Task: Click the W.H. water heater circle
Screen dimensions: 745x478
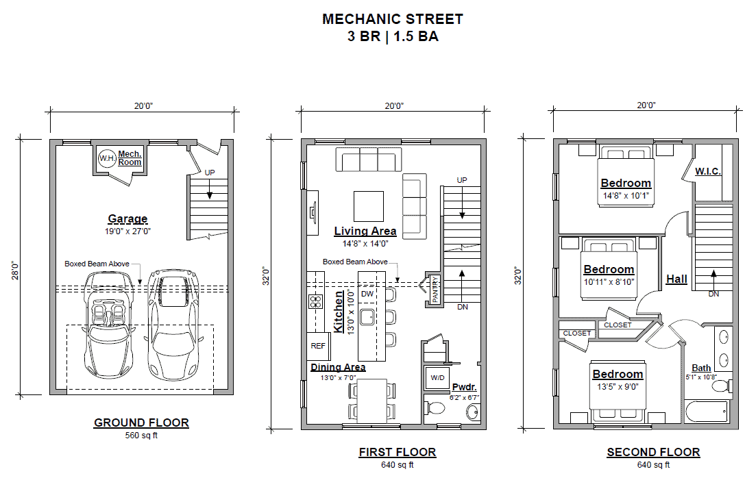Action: [x=107, y=158]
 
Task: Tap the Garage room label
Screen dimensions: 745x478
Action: [x=127, y=219]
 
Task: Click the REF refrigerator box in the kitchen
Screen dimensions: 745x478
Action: [x=318, y=346]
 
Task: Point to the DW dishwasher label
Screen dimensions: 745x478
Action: [x=367, y=294]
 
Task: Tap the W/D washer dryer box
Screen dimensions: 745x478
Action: [x=437, y=378]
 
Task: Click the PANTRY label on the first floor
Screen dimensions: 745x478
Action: [x=435, y=289]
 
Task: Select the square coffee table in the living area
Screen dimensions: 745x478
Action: [x=368, y=207]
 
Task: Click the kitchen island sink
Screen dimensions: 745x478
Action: [x=367, y=316]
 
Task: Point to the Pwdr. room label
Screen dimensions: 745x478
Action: [x=464, y=387]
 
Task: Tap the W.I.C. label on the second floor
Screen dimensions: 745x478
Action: [x=708, y=171]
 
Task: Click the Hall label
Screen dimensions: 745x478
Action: [x=676, y=279]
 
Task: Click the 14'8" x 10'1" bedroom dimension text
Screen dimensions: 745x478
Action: [x=626, y=196]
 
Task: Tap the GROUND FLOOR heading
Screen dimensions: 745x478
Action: [x=142, y=423]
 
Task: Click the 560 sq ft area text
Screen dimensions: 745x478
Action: [x=142, y=436]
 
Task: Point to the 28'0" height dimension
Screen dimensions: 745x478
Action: [x=16, y=270]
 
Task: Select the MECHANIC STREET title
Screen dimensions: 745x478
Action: [x=393, y=19]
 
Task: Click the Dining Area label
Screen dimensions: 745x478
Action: [x=338, y=367]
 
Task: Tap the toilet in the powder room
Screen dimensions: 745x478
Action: [x=436, y=408]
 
